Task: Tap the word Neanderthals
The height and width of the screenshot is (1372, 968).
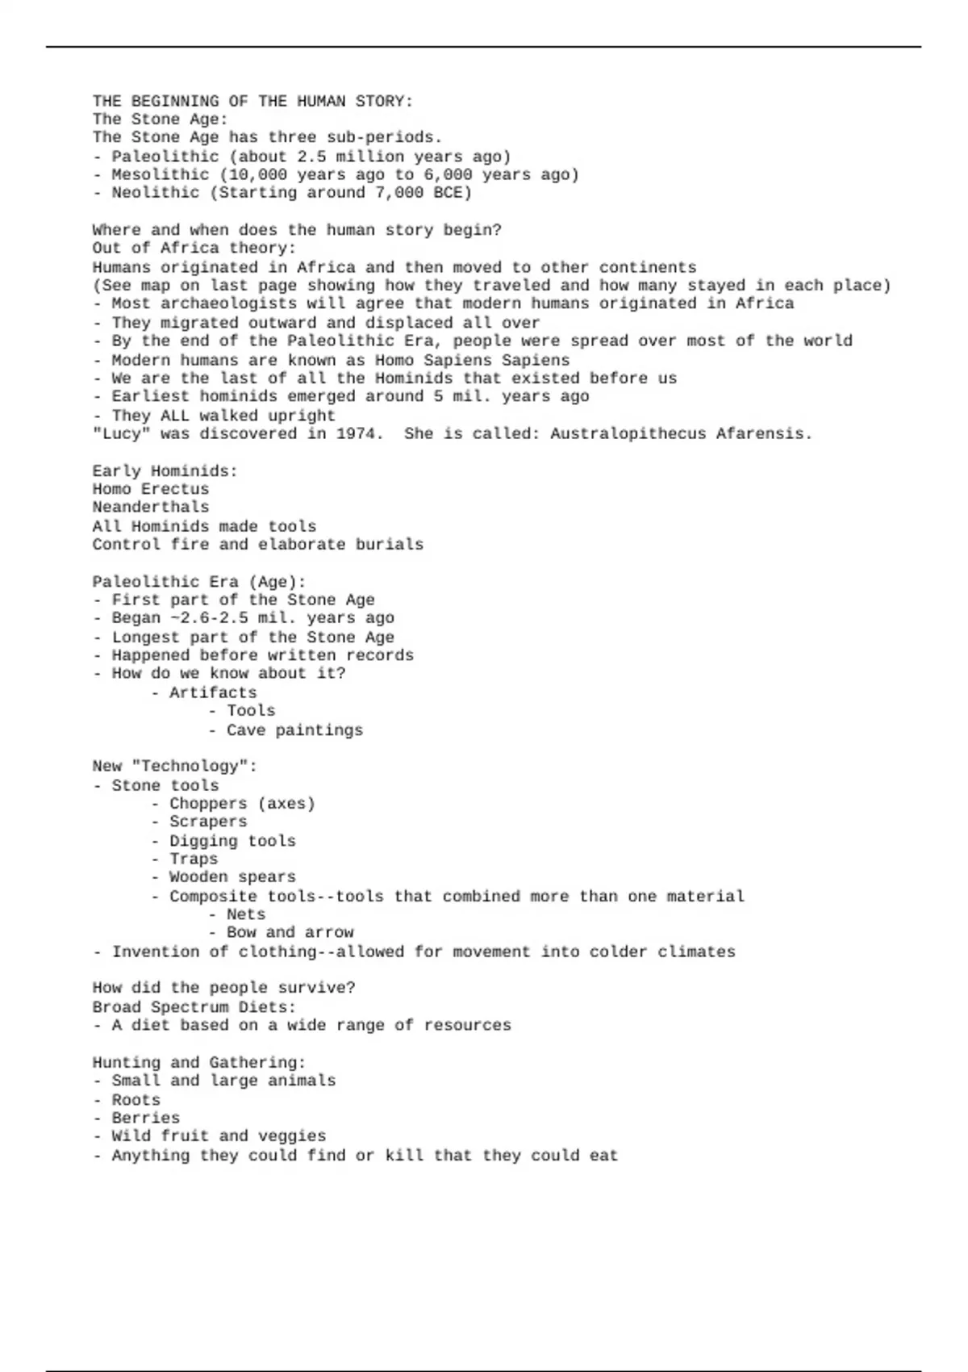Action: coord(150,507)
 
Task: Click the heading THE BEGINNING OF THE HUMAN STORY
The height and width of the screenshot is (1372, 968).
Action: coord(252,101)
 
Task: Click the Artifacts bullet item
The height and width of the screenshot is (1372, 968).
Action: coord(212,692)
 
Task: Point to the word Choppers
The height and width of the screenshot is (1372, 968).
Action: coord(208,803)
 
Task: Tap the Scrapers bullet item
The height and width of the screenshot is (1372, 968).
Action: coord(208,822)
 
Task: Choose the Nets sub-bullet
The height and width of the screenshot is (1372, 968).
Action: coord(245,914)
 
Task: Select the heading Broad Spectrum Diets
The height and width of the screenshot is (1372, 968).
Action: coord(194,1007)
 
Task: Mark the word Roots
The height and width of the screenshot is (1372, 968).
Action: coord(136,1100)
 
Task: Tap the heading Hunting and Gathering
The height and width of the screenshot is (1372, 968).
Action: coord(198,1063)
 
